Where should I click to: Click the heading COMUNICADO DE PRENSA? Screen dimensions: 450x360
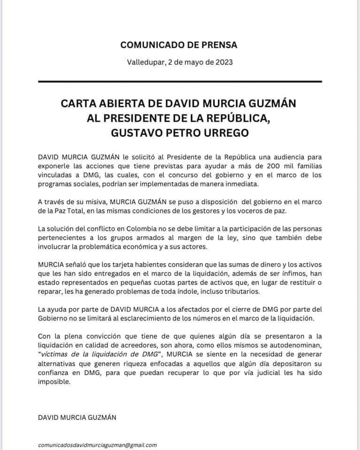179,45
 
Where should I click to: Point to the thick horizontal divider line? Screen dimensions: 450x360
180,82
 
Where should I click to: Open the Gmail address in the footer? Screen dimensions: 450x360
98,444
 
